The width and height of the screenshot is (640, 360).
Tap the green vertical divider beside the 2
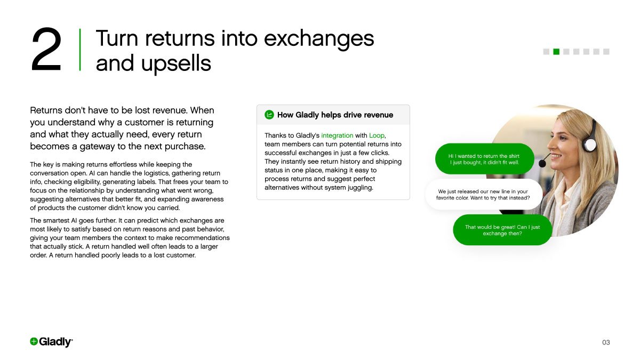[x=80, y=50]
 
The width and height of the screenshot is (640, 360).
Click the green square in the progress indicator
[x=556, y=52]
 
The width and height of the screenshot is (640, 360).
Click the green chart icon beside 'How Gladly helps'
[x=269, y=115]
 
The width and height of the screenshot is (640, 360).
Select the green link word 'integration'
[x=337, y=135]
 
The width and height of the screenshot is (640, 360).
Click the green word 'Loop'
[x=377, y=135]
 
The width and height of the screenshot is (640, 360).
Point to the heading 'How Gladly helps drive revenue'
[x=335, y=115]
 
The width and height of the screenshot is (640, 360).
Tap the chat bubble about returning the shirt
[x=484, y=159]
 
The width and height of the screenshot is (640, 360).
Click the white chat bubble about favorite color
[x=483, y=195]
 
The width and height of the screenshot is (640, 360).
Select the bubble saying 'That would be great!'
[x=502, y=230]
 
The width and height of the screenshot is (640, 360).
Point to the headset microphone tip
[x=542, y=163]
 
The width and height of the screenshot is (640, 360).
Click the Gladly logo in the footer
[x=51, y=342]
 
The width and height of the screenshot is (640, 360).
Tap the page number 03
[x=606, y=342]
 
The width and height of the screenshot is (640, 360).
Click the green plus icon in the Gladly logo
[x=34, y=342]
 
